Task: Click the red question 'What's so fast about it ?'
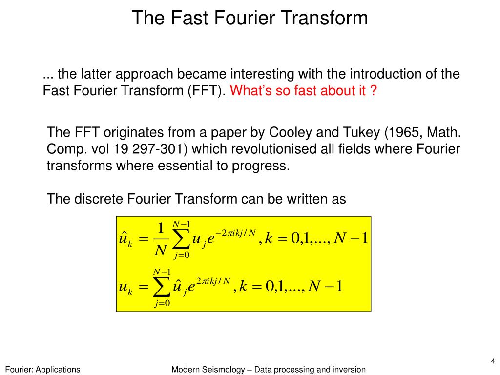[303, 91]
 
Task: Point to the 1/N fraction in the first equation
[160, 239]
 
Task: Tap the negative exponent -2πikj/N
[236, 232]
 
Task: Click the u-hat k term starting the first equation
[126, 239]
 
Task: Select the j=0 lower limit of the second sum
[162, 304]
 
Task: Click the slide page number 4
[493, 361]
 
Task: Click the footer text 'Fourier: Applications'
[42, 370]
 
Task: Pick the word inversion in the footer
[349, 370]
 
